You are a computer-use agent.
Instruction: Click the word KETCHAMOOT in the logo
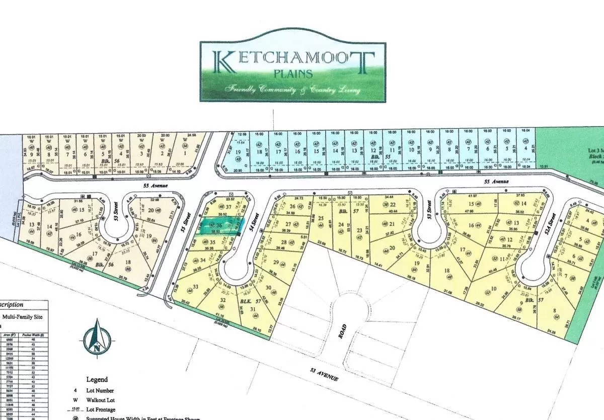coord(293,60)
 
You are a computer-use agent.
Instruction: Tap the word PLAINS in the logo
coord(293,73)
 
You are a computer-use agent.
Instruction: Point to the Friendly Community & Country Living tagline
coord(293,90)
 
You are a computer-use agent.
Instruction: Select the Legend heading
coord(97,379)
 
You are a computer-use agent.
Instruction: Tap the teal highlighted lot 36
coord(219,226)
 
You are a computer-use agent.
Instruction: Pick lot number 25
coord(321,218)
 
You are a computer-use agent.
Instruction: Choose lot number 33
coord(195,286)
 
